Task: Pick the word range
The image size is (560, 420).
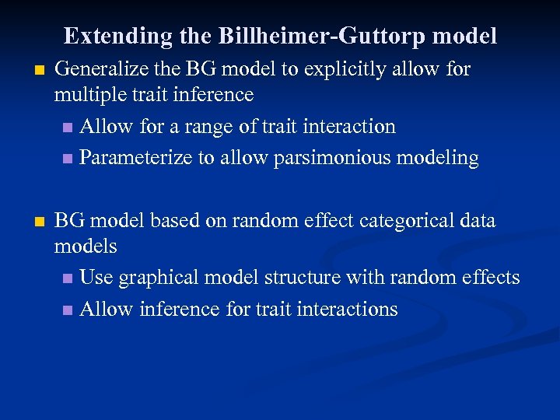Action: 221,126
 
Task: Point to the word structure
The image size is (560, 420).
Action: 303,278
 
